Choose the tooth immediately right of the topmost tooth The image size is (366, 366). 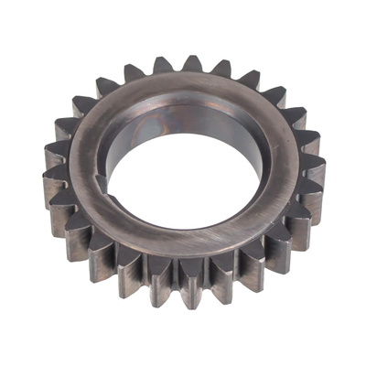tap(222, 69)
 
